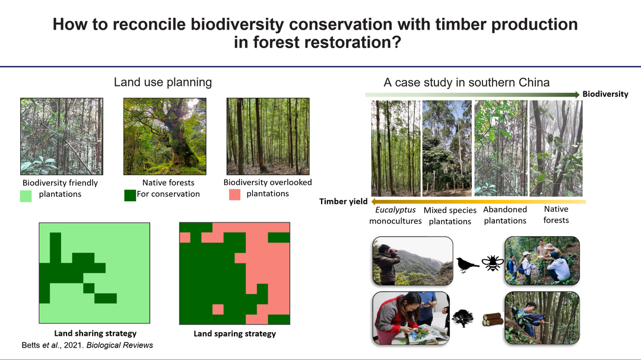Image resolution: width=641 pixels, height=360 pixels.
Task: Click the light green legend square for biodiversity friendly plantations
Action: [x=26, y=196]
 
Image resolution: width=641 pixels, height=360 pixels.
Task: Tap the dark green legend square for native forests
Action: [x=130, y=195]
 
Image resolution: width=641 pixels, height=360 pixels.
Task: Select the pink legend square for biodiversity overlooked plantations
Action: [x=234, y=195]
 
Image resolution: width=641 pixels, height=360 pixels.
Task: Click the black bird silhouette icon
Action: [x=467, y=265]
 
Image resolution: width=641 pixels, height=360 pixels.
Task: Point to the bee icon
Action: [x=492, y=263]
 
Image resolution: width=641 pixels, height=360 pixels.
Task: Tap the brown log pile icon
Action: [x=493, y=319]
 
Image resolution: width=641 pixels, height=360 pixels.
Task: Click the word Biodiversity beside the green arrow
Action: [x=605, y=94]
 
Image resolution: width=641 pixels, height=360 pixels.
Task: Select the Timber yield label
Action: [x=344, y=201]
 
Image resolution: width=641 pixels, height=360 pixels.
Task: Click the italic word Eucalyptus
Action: [x=395, y=210]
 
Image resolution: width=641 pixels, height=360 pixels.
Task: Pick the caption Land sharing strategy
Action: [x=95, y=333]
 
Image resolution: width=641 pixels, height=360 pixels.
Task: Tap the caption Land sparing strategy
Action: [x=234, y=333]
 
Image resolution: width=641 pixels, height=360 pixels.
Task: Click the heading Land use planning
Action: [x=163, y=82]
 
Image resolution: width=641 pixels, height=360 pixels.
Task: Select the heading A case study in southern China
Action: [x=467, y=82]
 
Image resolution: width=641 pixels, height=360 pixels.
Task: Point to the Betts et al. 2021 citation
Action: [x=87, y=345]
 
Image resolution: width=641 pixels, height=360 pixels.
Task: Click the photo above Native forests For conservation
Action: [x=165, y=136]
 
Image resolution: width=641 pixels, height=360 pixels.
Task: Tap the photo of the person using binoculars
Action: [x=412, y=261]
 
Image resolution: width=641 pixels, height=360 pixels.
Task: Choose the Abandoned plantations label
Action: [x=505, y=215]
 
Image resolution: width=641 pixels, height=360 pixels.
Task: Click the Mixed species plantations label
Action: [x=450, y=216]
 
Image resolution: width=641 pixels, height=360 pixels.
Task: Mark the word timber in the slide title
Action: [x=461, y=24]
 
